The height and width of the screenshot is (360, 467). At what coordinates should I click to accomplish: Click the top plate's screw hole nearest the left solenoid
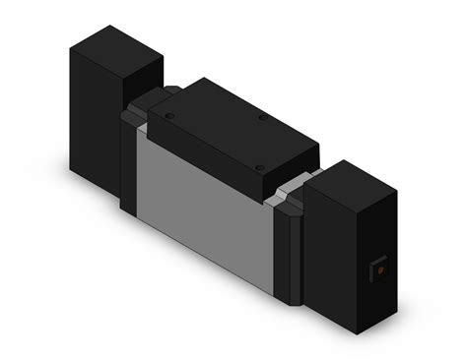[x=171, y=116]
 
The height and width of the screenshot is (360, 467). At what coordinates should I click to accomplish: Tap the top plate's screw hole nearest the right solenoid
[x=258, y=164]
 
